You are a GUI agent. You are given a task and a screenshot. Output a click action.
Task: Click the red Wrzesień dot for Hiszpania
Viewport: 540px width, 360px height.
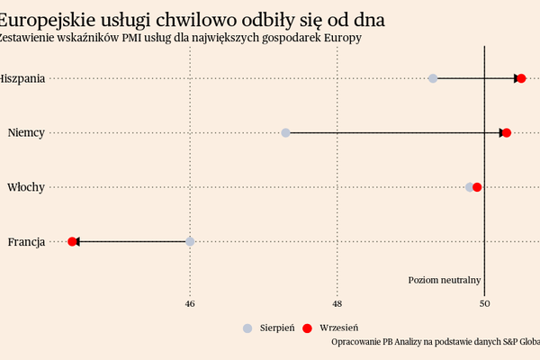[521, 78]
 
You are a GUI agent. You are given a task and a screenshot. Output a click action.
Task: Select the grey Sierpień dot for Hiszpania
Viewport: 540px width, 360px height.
[433, 78]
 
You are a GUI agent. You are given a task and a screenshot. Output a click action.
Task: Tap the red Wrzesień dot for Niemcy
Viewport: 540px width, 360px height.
[506, 133]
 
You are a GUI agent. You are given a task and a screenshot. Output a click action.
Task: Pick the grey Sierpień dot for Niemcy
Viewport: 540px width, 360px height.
[285, 133]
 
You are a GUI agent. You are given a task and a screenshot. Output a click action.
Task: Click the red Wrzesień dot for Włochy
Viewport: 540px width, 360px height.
[477, 187]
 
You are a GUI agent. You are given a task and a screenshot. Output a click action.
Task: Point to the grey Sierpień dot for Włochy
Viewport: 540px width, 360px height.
[469, 187]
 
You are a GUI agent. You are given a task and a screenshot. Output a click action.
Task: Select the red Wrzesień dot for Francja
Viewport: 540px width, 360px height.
[72, 241]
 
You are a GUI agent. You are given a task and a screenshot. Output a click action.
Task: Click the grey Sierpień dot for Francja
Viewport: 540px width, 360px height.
[190, 241]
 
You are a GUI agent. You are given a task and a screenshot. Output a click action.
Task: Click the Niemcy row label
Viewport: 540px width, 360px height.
[26, 133]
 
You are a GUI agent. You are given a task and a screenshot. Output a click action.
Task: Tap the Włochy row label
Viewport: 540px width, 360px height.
[26, 187]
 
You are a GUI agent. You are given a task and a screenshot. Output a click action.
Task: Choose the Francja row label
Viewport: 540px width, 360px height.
[26, 241]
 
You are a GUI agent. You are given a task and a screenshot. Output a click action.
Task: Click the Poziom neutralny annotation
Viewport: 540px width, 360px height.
[445, 280]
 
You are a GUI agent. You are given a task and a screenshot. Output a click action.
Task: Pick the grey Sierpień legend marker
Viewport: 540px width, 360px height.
[247, 328]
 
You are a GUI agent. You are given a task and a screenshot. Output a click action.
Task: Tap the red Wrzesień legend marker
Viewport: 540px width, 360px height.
[306, 328]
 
